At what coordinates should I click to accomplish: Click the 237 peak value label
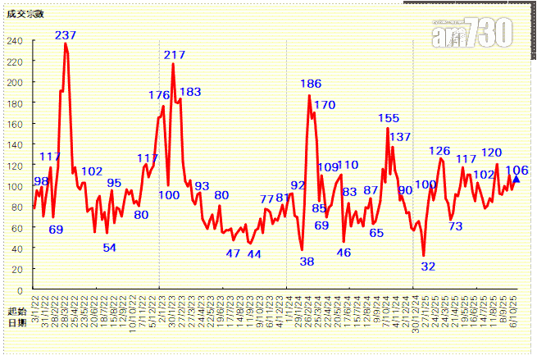(x=66, y=35)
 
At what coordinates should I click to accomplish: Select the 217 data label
(x=175, y=55)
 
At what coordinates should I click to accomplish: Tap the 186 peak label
(x=311, y=84)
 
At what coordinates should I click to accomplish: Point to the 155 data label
(x=389, y=119)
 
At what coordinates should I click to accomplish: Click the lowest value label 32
(x=428, y=266)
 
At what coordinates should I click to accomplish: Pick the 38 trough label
(x=307, y=262)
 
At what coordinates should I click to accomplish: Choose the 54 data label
(x=109, y=248)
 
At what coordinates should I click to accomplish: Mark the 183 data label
(x=189, y=92)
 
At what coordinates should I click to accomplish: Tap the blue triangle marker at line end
(x=516, y=179)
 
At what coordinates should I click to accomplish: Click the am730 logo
(x=473, y=33)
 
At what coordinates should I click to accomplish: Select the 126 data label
(x=439, y=151)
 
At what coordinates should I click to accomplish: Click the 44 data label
(x=254, y=254)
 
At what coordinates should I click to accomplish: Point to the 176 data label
(x=159, y=96)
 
